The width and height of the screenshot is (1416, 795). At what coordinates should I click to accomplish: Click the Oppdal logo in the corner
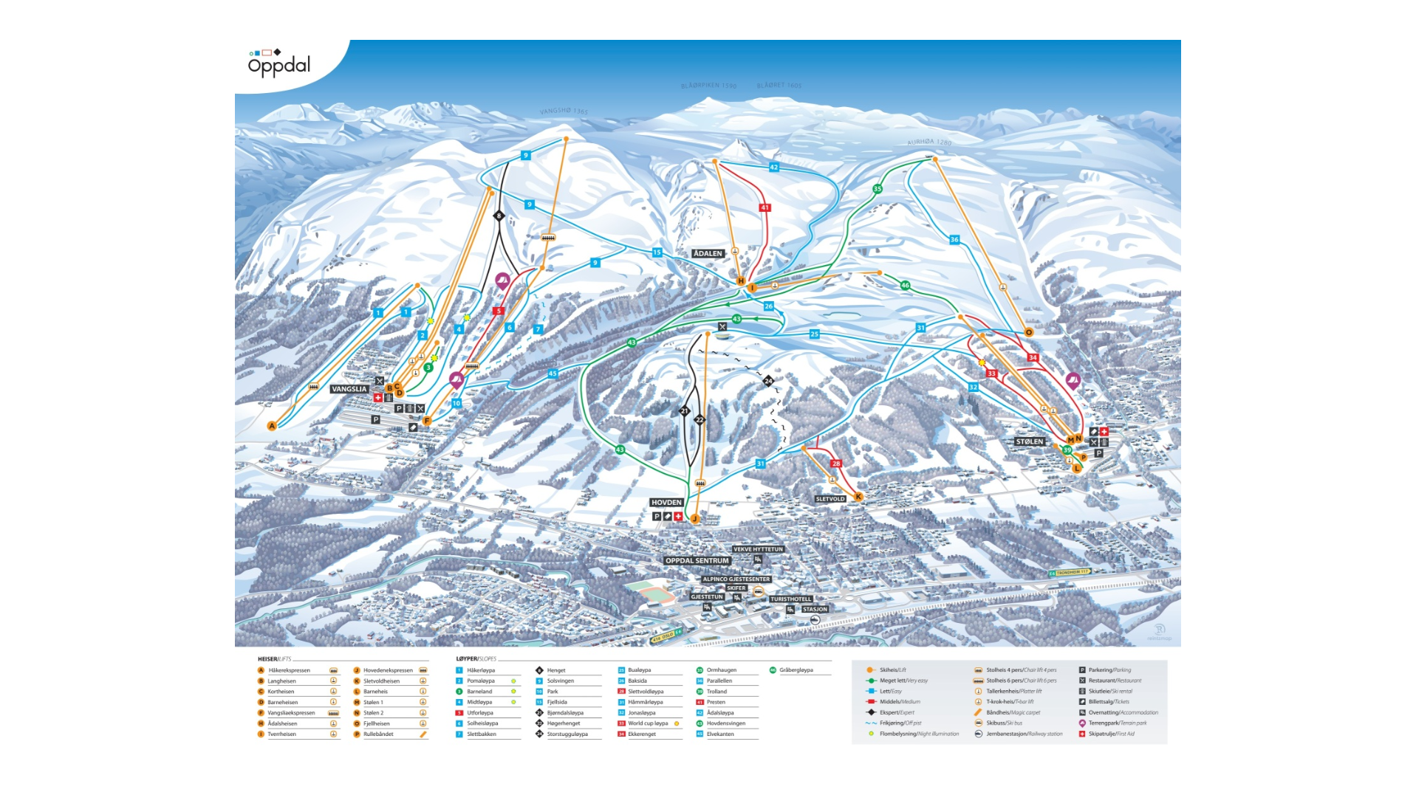279,63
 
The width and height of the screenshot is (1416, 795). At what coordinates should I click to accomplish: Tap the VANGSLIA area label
349,389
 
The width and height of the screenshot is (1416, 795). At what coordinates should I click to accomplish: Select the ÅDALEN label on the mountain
708,253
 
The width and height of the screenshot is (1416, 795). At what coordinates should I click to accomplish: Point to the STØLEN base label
1030,441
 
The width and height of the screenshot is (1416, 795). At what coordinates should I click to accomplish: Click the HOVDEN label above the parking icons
666,502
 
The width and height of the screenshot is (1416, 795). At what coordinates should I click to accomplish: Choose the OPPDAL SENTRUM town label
697,560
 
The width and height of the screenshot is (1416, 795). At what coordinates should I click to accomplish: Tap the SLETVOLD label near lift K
830,499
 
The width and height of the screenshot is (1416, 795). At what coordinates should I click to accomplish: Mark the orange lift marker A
272,425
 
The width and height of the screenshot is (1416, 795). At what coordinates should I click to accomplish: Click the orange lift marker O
1028,332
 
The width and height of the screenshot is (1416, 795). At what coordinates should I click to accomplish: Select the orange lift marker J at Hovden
694,519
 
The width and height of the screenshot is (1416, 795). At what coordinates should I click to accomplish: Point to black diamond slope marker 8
499,216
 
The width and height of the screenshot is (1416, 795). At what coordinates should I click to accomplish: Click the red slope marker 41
765,207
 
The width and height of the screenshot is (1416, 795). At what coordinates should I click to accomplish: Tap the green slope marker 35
878,189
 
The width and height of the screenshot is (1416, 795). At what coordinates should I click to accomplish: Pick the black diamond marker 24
768,381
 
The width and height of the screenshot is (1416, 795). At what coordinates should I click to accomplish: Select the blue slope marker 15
657,252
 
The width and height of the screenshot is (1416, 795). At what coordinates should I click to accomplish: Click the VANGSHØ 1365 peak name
564,111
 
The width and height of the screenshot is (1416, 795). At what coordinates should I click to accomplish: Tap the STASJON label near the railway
815,609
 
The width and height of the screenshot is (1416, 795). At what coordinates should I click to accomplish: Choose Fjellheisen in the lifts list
377,723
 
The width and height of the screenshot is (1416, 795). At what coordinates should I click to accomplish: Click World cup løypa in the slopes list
648,723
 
